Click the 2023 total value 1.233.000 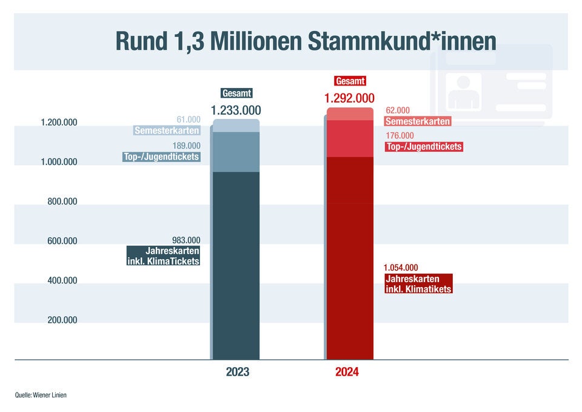click(x=236, y=110)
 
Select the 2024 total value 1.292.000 click(x=349, y=98)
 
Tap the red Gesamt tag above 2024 click(x=350, y=81)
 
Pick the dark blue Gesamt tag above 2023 click(x=236, y=93)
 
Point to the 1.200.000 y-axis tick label click(x=59, y=123)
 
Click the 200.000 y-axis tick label click(x=62, y=320)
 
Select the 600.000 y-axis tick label click(x=62, y=241)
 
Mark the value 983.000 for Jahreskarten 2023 click(x=186, y=240)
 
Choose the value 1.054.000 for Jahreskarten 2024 click(x=401, y=268)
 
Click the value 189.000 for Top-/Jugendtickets click(x=186, y=146)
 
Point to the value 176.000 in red click(x=399, y=136)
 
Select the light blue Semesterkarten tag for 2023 click(x=167, y=130)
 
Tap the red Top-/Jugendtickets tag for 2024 click(x=424, y=147)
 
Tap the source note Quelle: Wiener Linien click(x=41, y=395)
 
